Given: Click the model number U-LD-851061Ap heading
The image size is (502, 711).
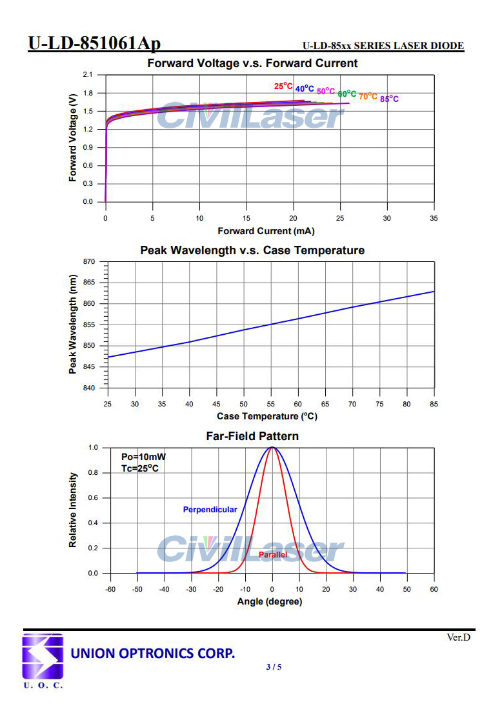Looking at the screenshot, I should (x=94, y=43).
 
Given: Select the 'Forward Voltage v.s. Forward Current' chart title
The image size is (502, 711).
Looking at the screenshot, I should (x=252, y=63).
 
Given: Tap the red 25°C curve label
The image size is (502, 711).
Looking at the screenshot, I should (x=283, y=86).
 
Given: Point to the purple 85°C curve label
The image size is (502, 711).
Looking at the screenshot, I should (x=389, y=99).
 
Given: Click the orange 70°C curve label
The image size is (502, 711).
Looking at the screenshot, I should (x=368, y=96).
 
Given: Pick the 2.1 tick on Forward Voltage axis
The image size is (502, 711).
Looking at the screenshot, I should (x=88, y=75).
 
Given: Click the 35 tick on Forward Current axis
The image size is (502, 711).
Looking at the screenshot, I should (x=434, y=218).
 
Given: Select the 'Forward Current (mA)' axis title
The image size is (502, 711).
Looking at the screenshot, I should (x=266, y=231).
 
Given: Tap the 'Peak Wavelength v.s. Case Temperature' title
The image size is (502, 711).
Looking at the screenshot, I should (x=252, y=250).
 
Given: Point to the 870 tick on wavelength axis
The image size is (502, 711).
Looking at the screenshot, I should (x=88, y=261).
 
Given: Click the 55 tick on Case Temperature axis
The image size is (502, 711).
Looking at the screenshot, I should (x=271, y=404).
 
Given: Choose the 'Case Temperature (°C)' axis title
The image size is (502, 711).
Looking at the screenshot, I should (x=267, y=416).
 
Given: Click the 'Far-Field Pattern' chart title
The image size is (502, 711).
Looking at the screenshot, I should (x=252, y=436).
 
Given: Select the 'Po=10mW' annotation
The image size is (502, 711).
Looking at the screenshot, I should (x=139, y=457).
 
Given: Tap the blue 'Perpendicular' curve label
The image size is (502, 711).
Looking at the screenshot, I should (x=210, y=510).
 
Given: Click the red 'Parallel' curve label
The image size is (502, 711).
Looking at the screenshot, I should (x=273, y=555).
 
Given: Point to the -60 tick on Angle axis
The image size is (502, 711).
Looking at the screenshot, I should (x=110, y=589).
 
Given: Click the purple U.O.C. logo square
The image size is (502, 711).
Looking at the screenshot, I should (x=43, y=656).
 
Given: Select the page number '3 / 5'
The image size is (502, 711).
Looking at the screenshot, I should (x=274, y=666).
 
